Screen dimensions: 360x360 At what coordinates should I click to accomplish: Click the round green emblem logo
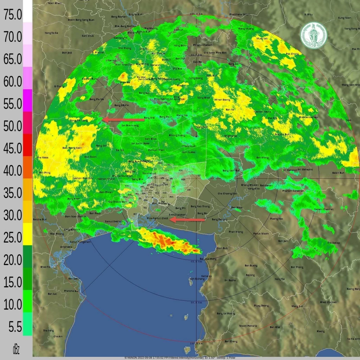pos(314,35)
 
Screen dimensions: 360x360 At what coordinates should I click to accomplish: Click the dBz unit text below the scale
pos(16,349)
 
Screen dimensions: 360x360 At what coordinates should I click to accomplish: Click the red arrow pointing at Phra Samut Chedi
pos(188,220)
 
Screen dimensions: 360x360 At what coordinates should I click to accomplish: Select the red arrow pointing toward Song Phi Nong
pos(123,120)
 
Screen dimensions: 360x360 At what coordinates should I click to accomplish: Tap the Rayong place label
pos(250,275)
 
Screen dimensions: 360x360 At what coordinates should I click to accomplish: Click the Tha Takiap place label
pos(334,243)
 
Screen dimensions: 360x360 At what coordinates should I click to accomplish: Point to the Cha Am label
pos(58,336)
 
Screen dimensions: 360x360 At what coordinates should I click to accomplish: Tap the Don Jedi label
pos(67,53)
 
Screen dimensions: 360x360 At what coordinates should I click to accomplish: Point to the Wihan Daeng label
pos(222,100)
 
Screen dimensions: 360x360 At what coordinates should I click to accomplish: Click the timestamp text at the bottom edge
pos(180,358)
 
